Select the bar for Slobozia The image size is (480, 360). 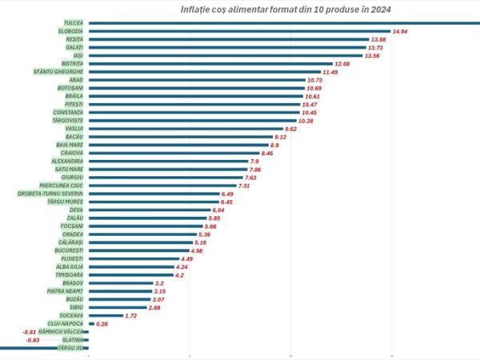pyautogui.click(x=239, y=31)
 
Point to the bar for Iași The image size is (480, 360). pyautogui.click(x=225, y=55)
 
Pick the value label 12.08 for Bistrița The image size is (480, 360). pyautogui.click(x=343, y=63)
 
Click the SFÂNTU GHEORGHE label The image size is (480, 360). pyautogui.click(x=58, y=72)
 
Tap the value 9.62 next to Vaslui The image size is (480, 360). pyautogui.click(x=295, y=129)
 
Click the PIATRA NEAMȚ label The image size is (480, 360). pyautogui.click(x=65, y=291)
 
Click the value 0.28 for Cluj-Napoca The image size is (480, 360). pyautogui.click(x=102, y=324)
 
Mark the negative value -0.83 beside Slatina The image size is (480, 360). pyautogui.click(x=33, y=340)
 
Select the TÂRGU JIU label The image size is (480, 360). pyautogui.click(x=71, y=348)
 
